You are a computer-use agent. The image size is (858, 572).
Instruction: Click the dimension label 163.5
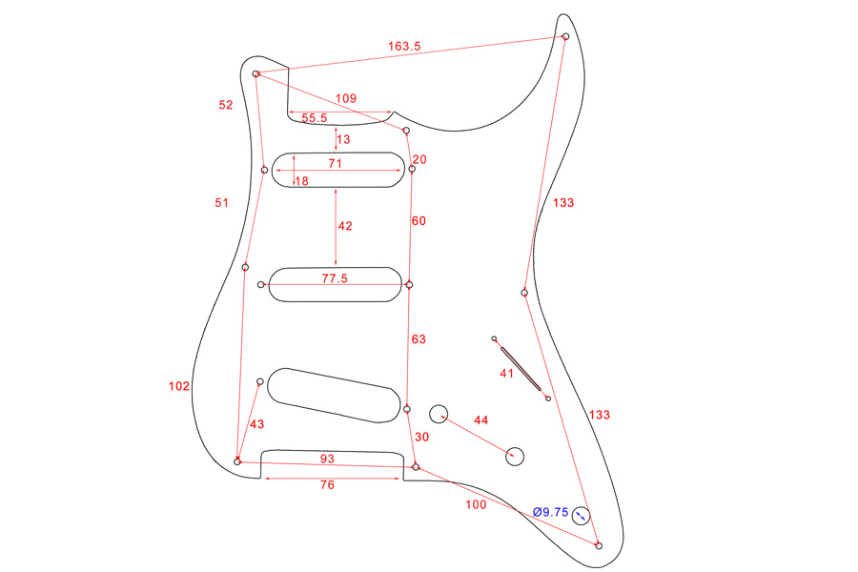click(404, 46)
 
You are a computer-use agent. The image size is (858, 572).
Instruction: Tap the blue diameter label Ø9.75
click(551, 512)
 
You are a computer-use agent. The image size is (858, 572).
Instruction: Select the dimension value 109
click(347, 99)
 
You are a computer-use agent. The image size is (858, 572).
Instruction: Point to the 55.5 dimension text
click(315, 118)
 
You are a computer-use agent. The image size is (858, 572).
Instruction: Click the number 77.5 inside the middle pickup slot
click(334, 279)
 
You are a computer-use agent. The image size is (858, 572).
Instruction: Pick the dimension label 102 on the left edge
click(178, 386)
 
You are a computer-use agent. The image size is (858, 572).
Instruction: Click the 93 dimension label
click(327, 460)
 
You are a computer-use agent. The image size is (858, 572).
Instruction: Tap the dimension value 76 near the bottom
click(327, 485)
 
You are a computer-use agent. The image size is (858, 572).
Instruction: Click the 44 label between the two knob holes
click(480, 420)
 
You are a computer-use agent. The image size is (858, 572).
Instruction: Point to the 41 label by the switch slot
click(507, 374)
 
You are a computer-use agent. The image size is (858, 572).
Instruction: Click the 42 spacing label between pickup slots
click(345, 227)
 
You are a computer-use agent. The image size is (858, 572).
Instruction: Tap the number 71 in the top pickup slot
click(335, 164)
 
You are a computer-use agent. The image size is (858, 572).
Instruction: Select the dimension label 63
click(419, 339)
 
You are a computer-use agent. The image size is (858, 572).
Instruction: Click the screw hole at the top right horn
click(565, 36)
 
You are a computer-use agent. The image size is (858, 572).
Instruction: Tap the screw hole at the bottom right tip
click(599, 545)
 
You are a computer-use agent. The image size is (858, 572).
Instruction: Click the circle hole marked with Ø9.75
click(581, 517)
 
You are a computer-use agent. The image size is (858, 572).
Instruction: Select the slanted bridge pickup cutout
click(334, 394)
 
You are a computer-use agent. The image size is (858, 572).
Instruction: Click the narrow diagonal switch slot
click(521, 368)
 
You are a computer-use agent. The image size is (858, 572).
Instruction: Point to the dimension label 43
click(256, 424)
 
